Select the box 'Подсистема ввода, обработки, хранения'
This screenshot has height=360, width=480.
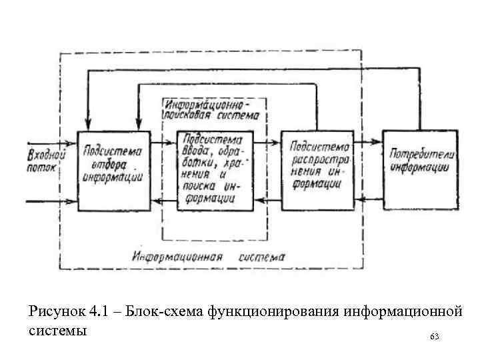(x=215, y=169)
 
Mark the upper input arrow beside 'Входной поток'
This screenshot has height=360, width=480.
(x=50, y=143)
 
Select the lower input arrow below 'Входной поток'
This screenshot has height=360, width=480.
(x=50, y=199)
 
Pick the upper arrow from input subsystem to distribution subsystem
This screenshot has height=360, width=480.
(x=266, y=142)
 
